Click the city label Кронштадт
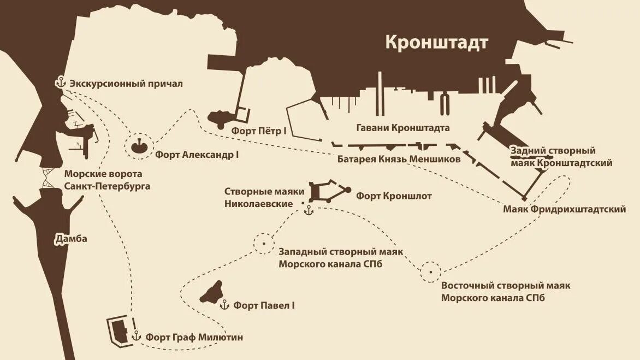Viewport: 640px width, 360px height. click(437, 43)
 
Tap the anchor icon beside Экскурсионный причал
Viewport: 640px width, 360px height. click(60, 83)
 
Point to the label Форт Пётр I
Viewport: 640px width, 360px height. click(259, 131)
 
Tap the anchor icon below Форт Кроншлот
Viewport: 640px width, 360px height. click(309, 210)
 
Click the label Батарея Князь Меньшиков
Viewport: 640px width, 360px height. click(399, 159)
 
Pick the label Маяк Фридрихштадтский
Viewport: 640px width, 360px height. click(564, 209)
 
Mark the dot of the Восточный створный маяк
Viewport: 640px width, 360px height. click(431, 270)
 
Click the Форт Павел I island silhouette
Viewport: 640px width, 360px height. click(212, 293)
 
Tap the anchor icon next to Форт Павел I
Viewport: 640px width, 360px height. click(224, 305)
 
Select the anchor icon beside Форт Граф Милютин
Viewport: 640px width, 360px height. click(136, 336)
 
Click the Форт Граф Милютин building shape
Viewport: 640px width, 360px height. click(118, 329)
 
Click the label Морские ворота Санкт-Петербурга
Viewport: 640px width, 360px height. click(107, 180)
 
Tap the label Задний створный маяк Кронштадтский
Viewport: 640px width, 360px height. click(561, 157)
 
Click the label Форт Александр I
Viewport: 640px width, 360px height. click(197, 155)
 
